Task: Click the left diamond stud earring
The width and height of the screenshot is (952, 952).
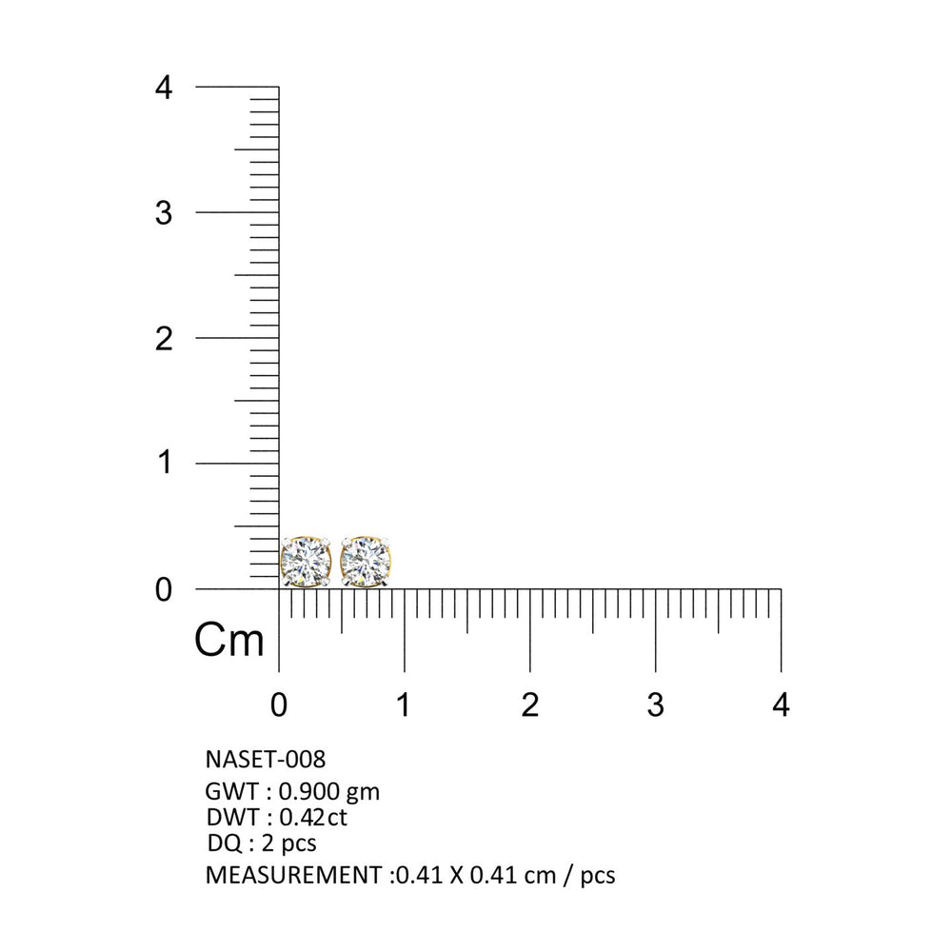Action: click(x=306, y=562)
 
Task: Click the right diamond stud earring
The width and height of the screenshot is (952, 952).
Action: click(x=366, y=562)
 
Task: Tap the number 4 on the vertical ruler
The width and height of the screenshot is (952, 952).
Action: click(x=164, y=88)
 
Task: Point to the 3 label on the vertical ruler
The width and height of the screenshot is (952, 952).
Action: click(x=164, y=213)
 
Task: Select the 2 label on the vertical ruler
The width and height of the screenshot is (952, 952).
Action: click(x=164, y=339)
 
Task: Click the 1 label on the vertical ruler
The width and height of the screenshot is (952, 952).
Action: click(x=165, y=463)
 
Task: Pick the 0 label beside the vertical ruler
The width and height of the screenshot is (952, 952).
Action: click(x=164, y=589)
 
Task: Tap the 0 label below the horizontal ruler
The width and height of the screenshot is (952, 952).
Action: click(x=279, y=704)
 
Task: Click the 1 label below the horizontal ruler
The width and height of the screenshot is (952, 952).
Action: click(x=403, y=704)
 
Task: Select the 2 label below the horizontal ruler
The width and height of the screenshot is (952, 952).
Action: click(x=530, y=704)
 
